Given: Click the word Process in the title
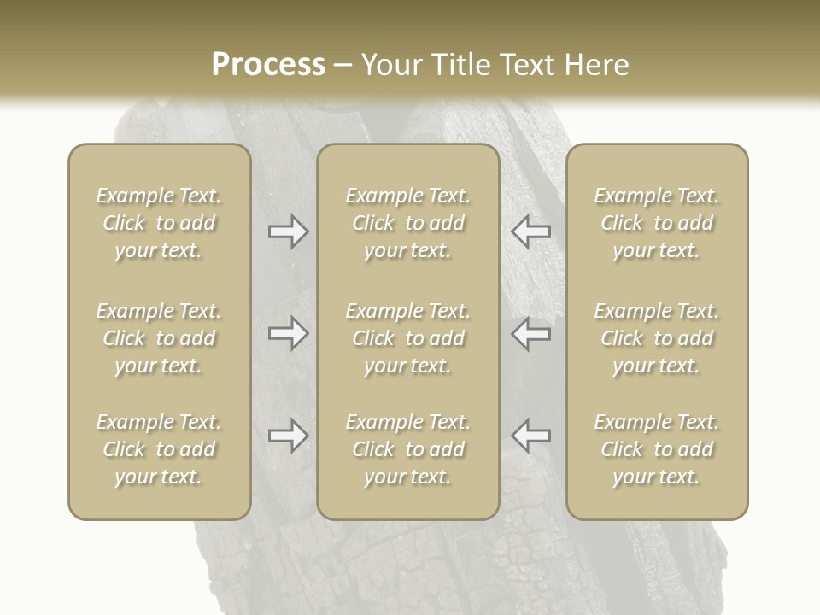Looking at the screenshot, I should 268,65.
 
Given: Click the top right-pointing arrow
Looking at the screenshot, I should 289,231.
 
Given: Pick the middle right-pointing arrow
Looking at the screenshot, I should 289,333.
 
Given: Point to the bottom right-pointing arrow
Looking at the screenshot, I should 289,436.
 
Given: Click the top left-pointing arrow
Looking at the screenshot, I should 530,231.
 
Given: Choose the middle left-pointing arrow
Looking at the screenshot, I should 530,333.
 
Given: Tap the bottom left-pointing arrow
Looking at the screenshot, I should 530,436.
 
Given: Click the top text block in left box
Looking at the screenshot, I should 159,223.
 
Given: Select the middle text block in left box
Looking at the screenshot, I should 159,338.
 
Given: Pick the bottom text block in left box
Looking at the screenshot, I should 159,449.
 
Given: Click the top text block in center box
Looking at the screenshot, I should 407,223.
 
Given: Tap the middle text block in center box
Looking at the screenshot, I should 407,338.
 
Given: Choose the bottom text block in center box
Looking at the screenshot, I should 407,449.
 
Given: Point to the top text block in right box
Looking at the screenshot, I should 656,223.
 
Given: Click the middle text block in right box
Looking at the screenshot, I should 656,338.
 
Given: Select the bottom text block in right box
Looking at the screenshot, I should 656,449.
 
